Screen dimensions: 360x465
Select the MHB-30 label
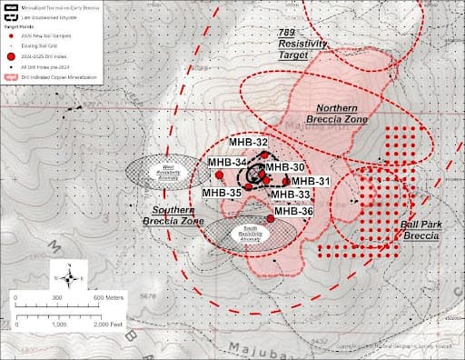[285, 167]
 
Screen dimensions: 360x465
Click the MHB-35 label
[222, 193]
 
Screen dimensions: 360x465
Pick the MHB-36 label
[293, 211]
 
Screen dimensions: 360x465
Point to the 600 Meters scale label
[110, 298]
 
